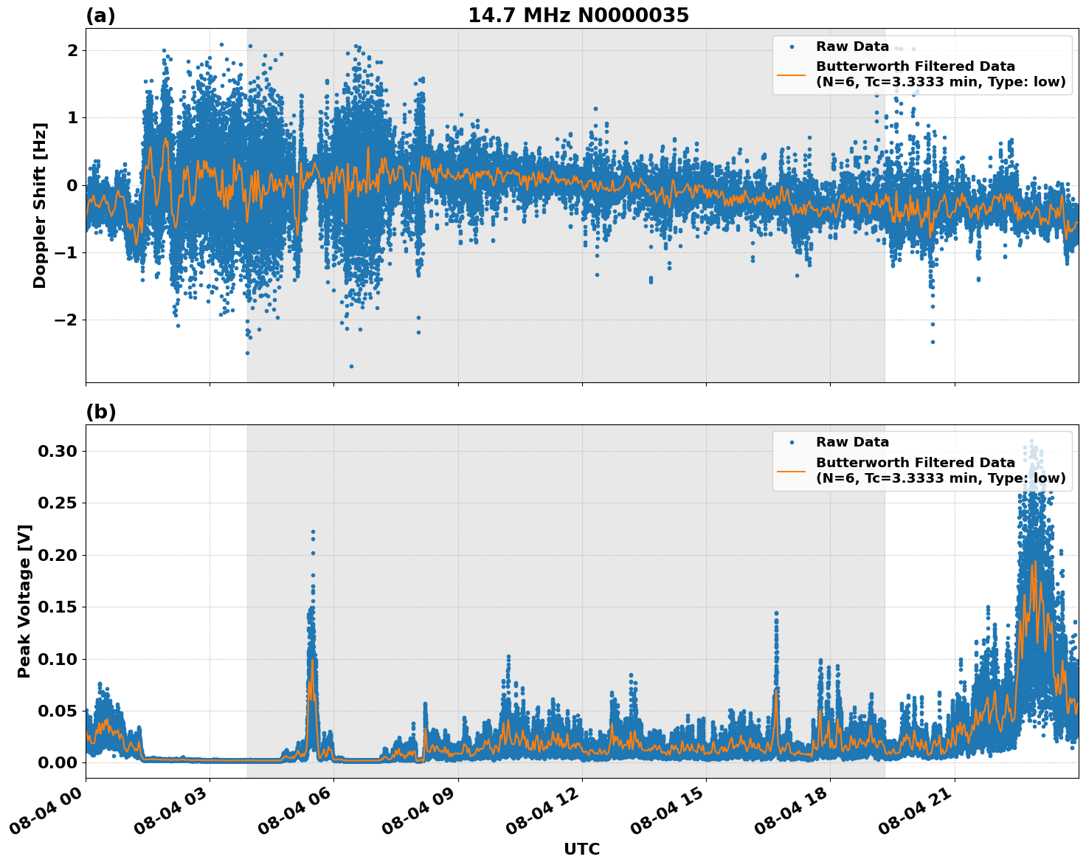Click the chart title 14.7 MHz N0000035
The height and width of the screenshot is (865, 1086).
578,15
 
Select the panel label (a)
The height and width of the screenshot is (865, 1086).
100,15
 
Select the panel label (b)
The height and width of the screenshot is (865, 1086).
100,412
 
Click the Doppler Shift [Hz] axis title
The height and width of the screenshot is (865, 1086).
40,205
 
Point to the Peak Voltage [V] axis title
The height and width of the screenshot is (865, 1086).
24,601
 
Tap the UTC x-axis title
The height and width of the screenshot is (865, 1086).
581,849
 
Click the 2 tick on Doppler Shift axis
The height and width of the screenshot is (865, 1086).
72,50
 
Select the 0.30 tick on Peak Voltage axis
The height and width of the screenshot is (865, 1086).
58,451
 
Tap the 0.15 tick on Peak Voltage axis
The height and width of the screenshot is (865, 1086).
58,607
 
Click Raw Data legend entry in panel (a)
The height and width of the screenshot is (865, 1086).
852,46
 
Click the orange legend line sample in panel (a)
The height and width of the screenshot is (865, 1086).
791,74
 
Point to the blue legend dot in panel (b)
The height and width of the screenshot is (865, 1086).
791,442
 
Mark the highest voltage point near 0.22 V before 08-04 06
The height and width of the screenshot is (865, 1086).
313,531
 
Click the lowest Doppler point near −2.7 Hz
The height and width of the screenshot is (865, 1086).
351,366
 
